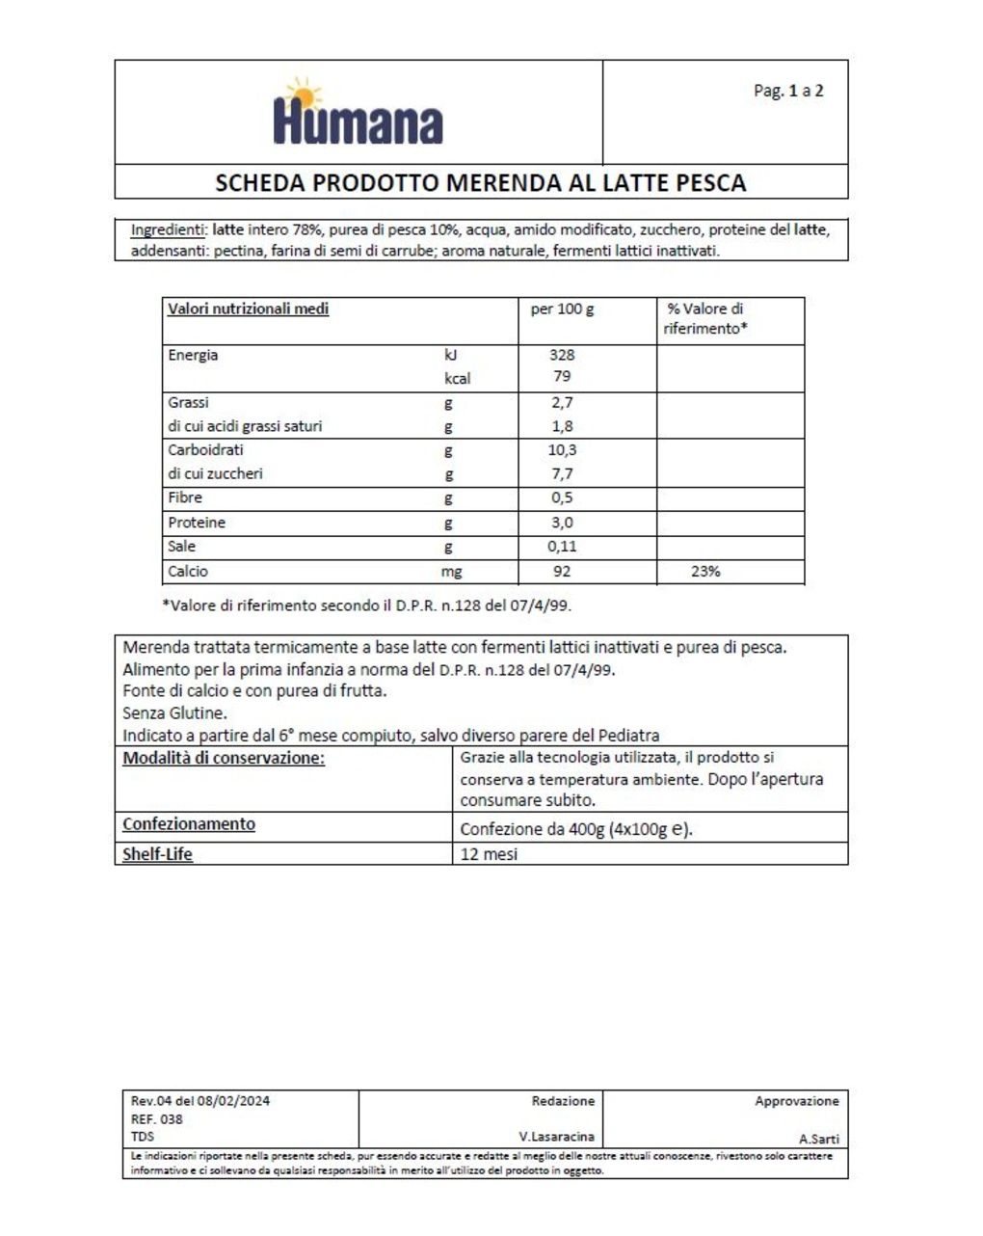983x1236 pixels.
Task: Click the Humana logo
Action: [x=358, y=116]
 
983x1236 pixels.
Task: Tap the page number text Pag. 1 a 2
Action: [x=787, y=91]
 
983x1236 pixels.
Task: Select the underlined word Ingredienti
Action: [x=168, y=230]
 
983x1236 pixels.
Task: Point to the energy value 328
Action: [x=562, y=355]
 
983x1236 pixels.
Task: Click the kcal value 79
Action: [x=562, y=376]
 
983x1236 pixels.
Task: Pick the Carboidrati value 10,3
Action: [x=562, y=450]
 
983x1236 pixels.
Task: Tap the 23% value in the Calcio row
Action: [x=705, y=572]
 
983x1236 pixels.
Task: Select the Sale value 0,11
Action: [x=562, y=547]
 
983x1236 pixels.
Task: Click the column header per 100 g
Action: [x=562, y=309]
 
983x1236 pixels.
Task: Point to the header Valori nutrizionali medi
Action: [x=248, y=309]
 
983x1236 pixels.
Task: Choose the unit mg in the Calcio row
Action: [x=451, y=572]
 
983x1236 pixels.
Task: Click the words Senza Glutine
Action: [x=174, y=713]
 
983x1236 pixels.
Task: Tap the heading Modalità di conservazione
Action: [x=224, y=758]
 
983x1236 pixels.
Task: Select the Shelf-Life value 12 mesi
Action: [x=489, y=854]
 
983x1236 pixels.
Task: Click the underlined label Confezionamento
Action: [x=189, y=824]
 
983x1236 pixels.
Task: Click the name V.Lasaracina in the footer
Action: [x=556, y=1138]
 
